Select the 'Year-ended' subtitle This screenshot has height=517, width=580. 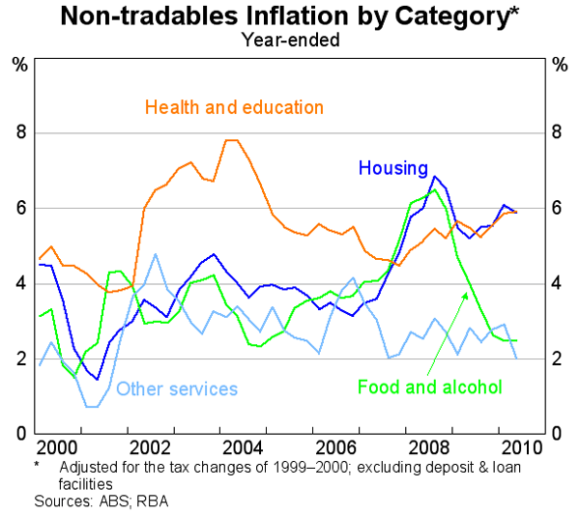point(289,40)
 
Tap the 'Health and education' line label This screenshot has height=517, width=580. point(234,106)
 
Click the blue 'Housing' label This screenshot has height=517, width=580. point(392,168)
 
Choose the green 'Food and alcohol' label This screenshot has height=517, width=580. point(430,387)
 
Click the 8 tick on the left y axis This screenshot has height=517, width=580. point(20,132)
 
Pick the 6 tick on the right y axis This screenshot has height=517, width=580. point(559,208)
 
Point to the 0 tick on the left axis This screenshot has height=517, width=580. point(20,434)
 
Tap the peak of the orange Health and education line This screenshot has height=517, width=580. point(231,140)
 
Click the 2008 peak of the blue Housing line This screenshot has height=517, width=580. point(435,176)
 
